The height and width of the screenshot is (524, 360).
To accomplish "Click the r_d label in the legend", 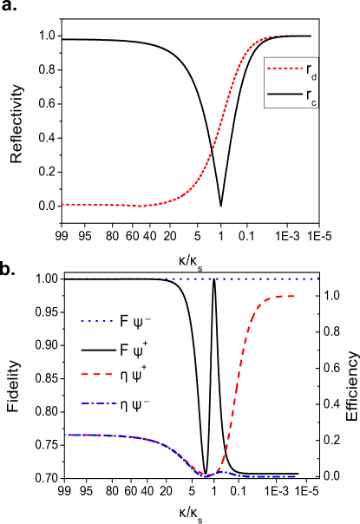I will [x=311, y=70].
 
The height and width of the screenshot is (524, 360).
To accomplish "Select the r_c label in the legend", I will [x=311, y=96].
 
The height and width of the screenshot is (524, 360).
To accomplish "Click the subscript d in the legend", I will [x=313, y=76].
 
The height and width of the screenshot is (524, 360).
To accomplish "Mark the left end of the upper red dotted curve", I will [x=63, y=204].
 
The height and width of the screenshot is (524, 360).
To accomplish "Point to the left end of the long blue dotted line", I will [x=72, y=278].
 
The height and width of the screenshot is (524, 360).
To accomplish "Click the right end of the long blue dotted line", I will [x=317, y=278].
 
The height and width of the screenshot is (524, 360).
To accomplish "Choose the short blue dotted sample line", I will [x=97, y=321].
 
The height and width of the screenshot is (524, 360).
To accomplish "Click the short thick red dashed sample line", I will [x=97, y=374].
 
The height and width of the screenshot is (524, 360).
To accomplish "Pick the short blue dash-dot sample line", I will [x=98, y=403].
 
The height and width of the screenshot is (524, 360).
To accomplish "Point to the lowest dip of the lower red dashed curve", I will [x=206, y=475].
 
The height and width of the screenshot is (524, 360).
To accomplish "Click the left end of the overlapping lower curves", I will [x=67, y=435].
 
